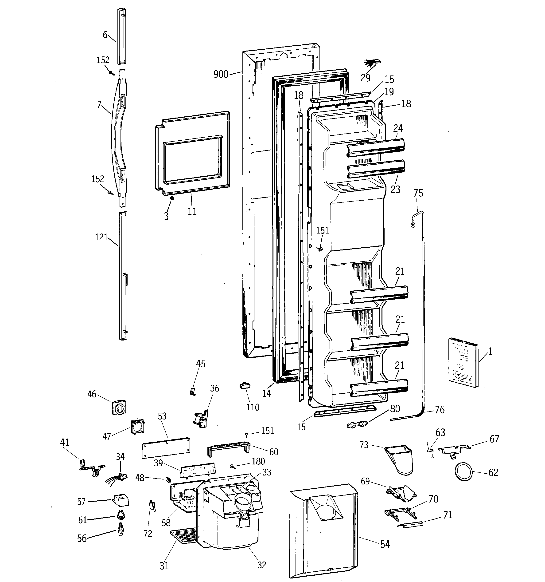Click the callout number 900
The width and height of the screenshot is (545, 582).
[221, 74]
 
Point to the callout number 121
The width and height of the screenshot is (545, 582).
[101, 237]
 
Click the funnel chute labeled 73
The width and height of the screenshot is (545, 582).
[399, 459]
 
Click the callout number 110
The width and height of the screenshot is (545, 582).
[253, 407]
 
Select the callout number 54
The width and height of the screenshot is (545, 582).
[385, 544]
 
